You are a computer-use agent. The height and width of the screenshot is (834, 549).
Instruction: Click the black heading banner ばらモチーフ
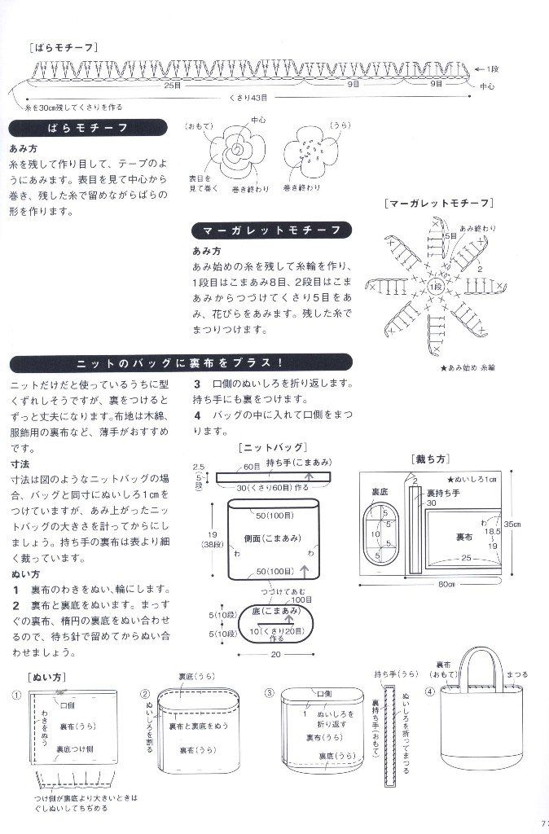click(x=88, y=129)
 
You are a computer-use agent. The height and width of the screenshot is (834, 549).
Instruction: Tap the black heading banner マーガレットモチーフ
click(x=272, y=230)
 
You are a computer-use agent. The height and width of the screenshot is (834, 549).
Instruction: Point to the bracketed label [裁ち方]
click(x=432, y=459)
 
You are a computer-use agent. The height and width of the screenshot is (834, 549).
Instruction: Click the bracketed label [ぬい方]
click(x=41, y=676)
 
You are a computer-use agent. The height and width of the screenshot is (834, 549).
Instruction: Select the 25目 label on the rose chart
click(x=173, y=84)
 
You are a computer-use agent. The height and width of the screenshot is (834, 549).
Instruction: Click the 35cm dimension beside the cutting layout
click(x=534, y=523)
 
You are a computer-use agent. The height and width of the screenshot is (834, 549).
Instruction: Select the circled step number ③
click(x=270, y=694)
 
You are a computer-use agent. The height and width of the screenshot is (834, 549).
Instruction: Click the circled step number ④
click(x=430, y=694)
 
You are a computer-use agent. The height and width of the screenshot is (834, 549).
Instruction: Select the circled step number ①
click(x=16, y=695)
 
